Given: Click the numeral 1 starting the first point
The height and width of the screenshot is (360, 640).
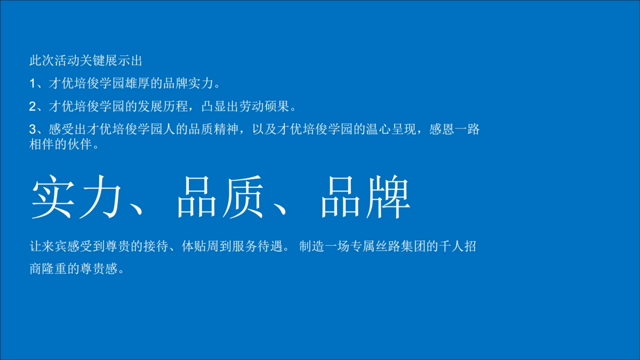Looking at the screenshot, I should pos(32,84).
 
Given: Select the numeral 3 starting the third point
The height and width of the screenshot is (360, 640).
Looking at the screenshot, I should pos(32,130).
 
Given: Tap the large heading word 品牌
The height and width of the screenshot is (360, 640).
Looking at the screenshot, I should pos(365,196).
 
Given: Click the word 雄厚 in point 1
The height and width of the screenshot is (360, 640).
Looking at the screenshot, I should pos(135,84).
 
